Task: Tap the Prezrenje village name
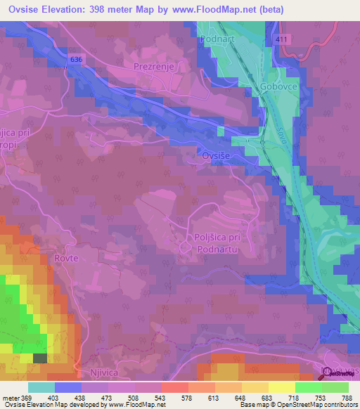tap(153, 66)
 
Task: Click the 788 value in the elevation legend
tap(347, 397)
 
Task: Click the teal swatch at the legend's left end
tap(41, 387)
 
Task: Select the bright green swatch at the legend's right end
tap(335, 387)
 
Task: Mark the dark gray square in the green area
tap(40, 358)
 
